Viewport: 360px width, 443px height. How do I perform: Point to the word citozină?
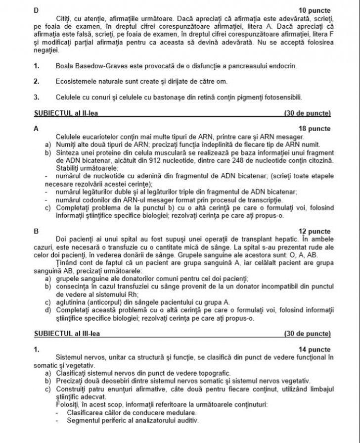coord(319,160)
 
